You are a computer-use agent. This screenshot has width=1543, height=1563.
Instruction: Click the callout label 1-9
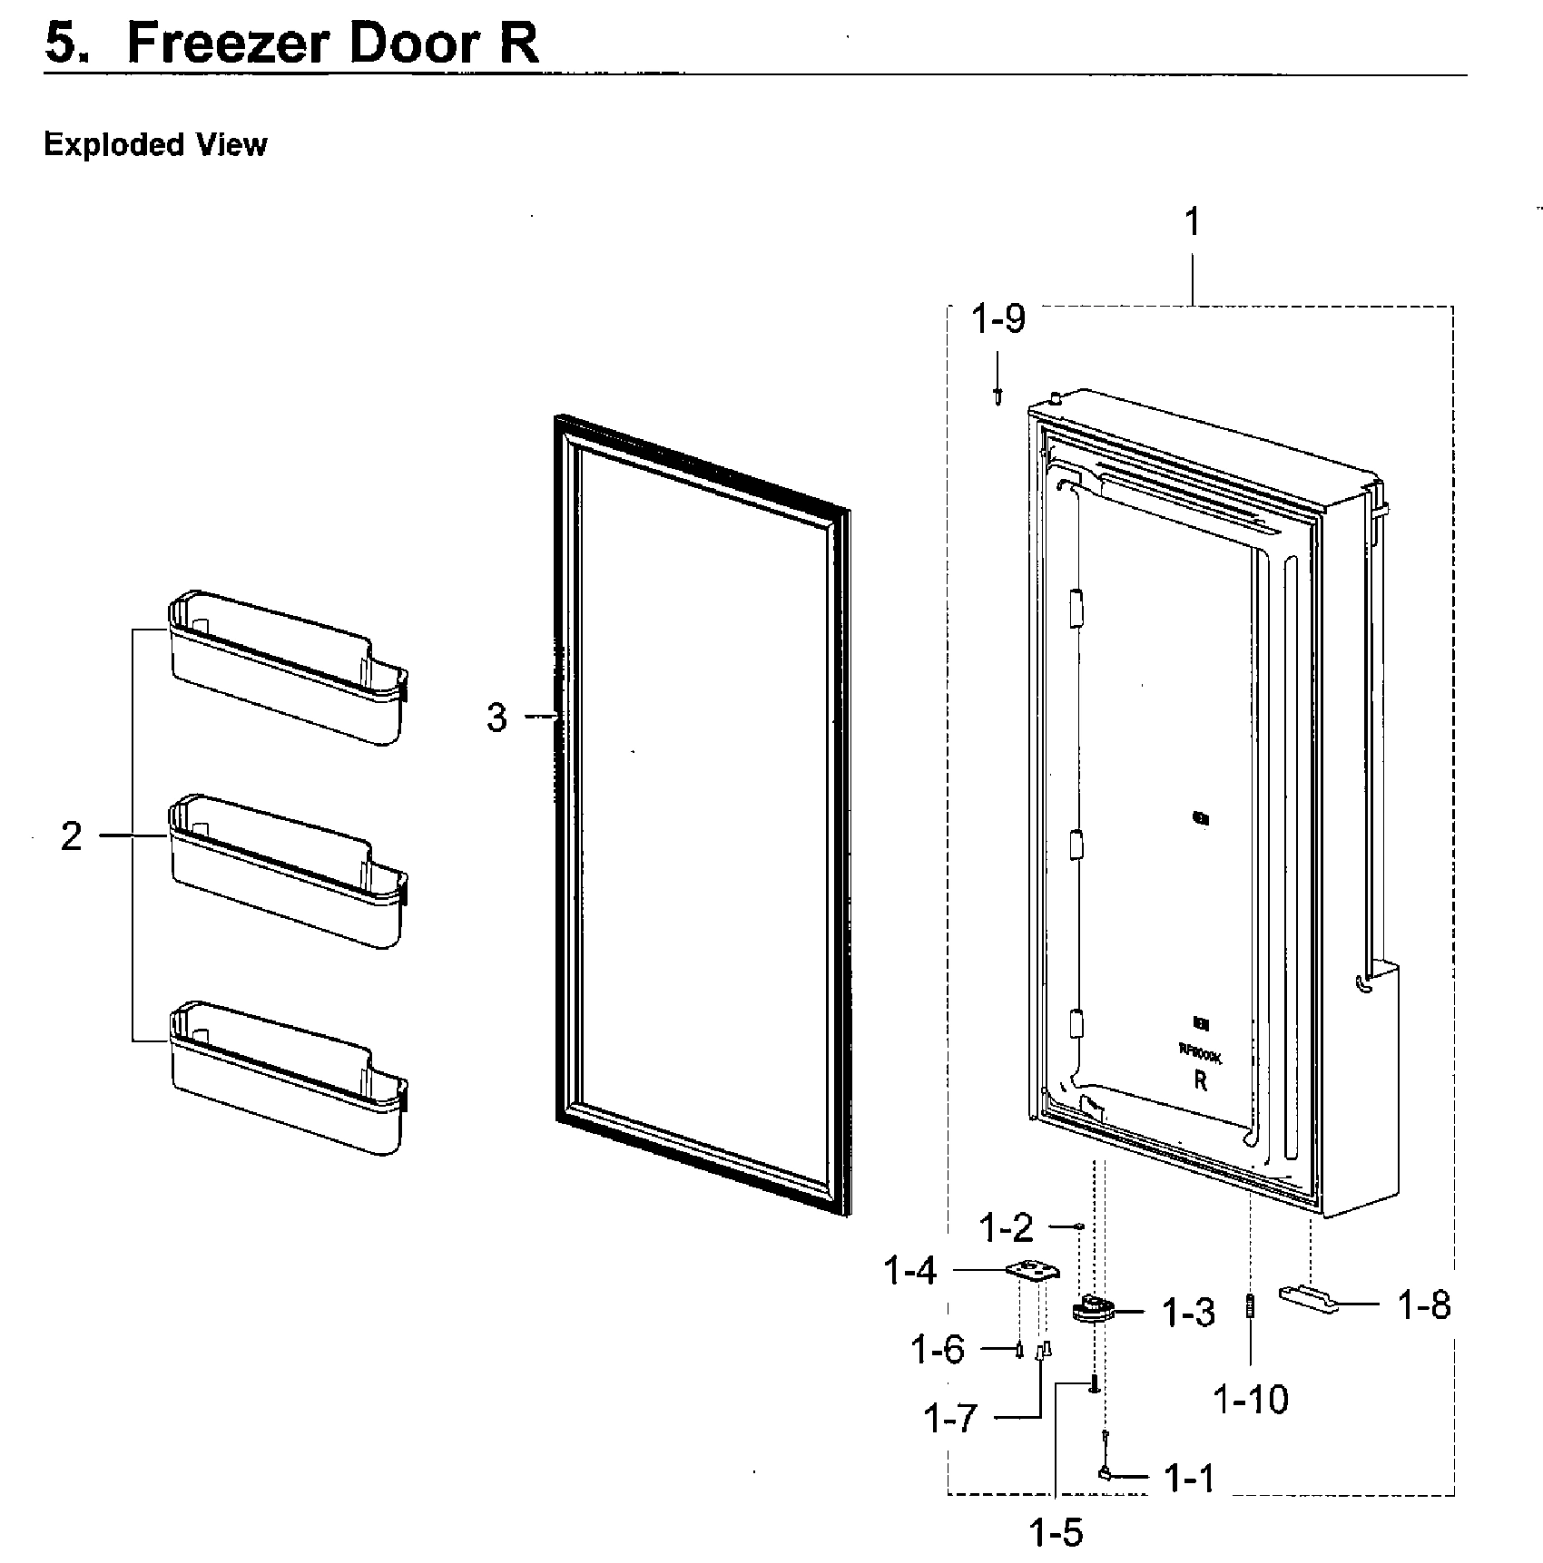coord(998,319)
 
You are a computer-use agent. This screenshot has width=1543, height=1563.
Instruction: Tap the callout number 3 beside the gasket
coord(496,718)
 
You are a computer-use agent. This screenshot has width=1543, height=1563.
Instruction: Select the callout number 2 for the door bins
coord(72,836)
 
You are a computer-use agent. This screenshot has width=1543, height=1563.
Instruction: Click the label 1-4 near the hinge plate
coord(909,1272)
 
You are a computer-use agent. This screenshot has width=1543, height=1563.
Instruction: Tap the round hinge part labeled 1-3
coord(1093,1310)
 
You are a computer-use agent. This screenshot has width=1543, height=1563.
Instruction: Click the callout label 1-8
coord(1424,1305)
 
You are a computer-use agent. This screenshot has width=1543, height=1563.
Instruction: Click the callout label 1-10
coord(1251,1401)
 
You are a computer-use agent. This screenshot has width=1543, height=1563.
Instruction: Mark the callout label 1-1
coord(1189,1480)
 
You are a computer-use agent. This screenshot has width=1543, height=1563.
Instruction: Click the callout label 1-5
coord(1057,1533)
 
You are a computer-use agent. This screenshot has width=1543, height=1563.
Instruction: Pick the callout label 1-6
coord(938,1350)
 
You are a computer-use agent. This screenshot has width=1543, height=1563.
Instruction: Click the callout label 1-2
coord(1007,1229)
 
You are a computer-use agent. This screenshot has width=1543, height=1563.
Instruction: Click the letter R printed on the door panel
coord(1200,1082)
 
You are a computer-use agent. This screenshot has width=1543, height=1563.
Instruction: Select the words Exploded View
coord(155,145)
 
